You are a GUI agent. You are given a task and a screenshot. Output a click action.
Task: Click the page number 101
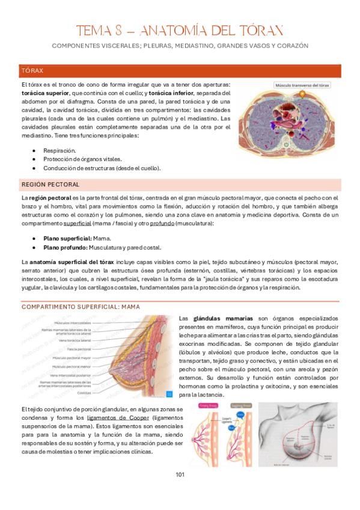point(180,475)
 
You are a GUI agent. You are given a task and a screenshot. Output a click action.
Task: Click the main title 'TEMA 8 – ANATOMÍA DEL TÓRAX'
point(180,31)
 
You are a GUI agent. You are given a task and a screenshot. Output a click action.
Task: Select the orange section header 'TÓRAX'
point(32,70)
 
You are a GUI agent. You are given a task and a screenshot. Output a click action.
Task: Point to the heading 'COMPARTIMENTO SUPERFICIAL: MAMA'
point(81,306)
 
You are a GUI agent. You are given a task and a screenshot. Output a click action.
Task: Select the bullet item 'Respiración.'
point(59,150)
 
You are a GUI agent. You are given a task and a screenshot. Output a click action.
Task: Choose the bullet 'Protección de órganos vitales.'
point(82,159)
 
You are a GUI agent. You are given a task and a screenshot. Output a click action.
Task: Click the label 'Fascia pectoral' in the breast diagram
point(78,349)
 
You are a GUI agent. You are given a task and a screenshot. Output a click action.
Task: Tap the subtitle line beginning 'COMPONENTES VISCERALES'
point(180,46)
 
